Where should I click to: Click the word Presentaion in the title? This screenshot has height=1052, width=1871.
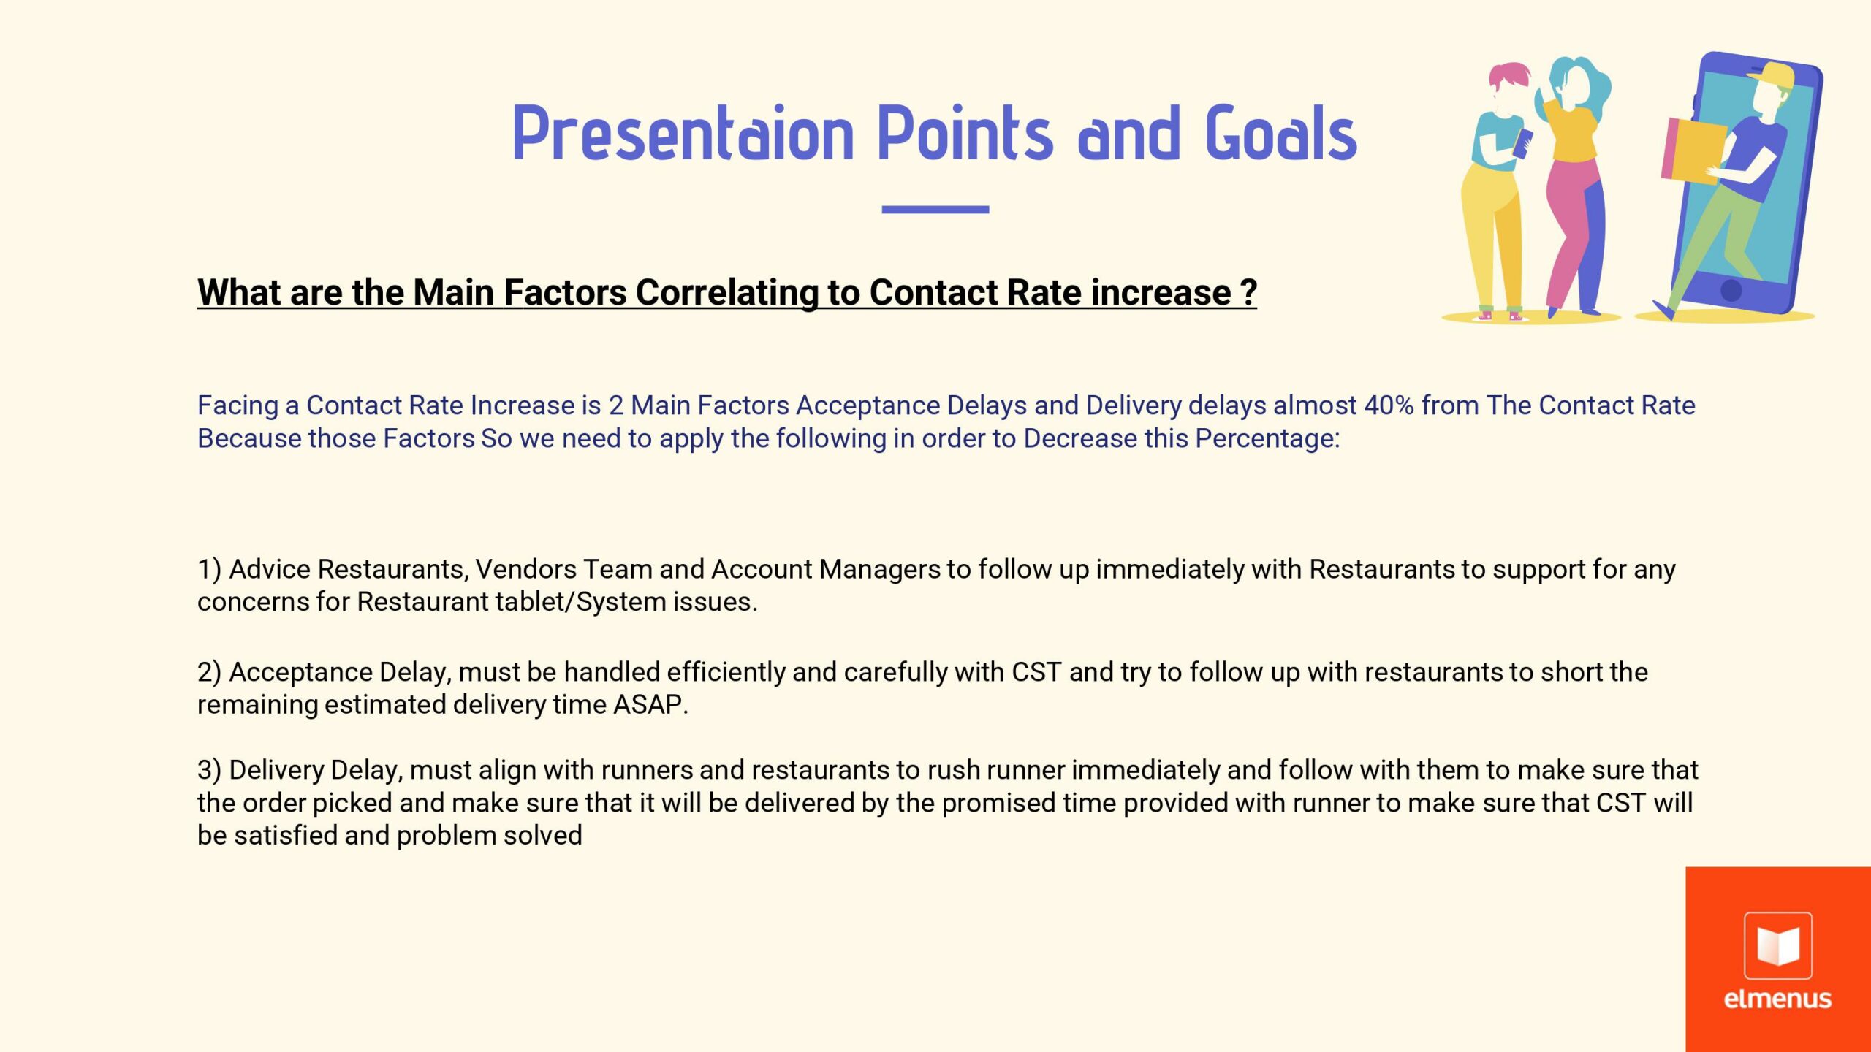(x=683, y=133)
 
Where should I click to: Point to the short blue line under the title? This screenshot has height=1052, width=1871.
(x=935, y=210)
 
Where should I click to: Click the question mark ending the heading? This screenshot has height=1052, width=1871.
(x=1249, y=292)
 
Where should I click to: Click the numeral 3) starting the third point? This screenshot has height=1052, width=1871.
(x=209, y=770)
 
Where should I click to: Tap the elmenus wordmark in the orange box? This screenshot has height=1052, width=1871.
(x=1777, y=999)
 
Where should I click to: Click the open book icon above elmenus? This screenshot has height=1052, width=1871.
(x=1777, y=945)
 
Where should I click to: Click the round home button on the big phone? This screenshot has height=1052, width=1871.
(x=1731, y=290)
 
